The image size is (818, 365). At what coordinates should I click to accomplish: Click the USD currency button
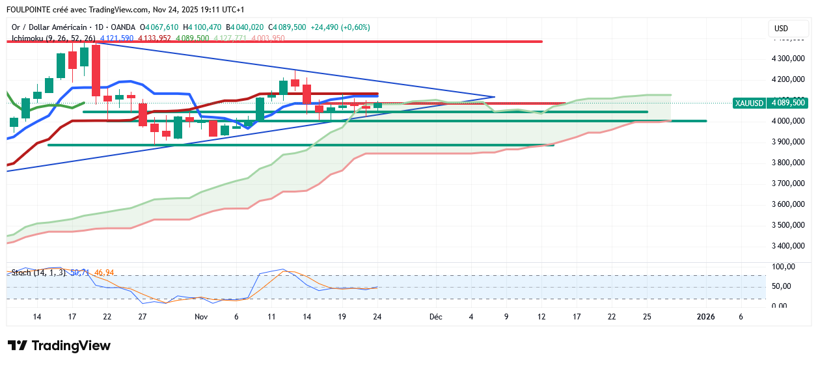(781, 29)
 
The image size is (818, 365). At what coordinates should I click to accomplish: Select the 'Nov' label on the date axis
(201, 317)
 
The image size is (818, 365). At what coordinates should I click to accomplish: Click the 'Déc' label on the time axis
(435, 317)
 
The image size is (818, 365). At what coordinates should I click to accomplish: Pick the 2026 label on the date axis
(705, 317)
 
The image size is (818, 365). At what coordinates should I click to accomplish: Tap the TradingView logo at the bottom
(59, 345)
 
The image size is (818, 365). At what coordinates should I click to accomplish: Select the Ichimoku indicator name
(30, 38)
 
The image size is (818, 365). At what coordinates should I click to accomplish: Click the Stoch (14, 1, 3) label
(38, 273)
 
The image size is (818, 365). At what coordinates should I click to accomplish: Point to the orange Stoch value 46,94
(105, 273)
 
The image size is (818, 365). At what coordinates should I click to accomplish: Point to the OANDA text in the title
(122, 27)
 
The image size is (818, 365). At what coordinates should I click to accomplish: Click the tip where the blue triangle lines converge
(495, 97)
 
